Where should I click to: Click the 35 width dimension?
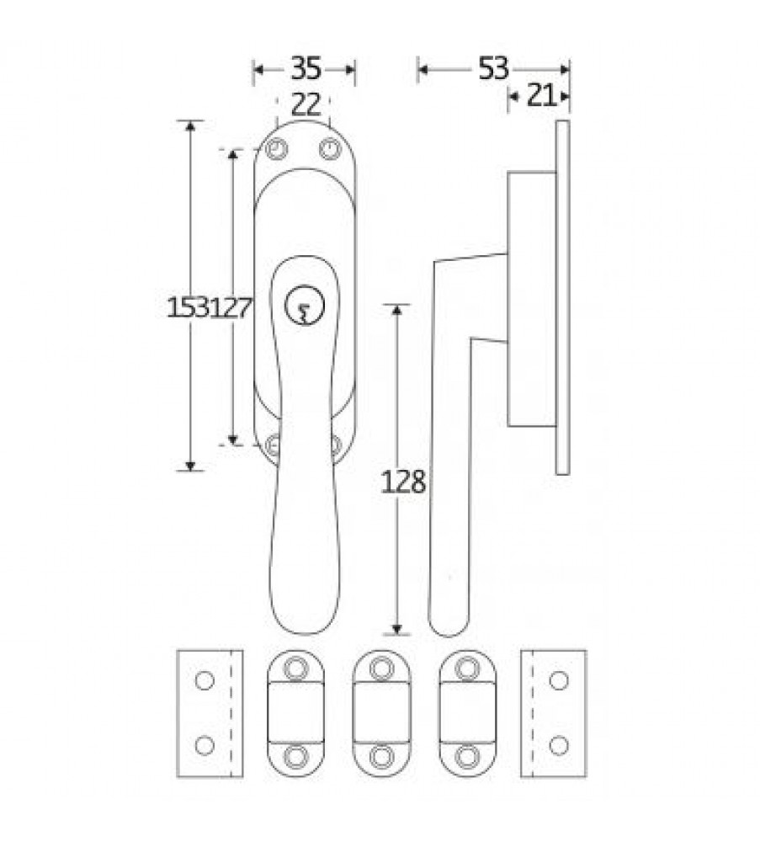pyautogui.click(x=306, y=69)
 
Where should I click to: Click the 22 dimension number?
pyautogui.click(x=306, y=104)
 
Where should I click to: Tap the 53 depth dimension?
pyautogui.click(x=492, y=68)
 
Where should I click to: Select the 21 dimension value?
pyautogui.click(x=541, y=97)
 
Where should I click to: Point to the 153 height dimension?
pyautogui.click(x=188, y=307)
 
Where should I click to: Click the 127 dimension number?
pyautogui.click(x=231, y=308)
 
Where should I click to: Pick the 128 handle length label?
pyautogui.click(x=403, y=482)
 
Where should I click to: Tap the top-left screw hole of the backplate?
pyautogui.click(x=276, y=149)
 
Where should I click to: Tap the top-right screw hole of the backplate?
pyautogui.click(x=330, y=149)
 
